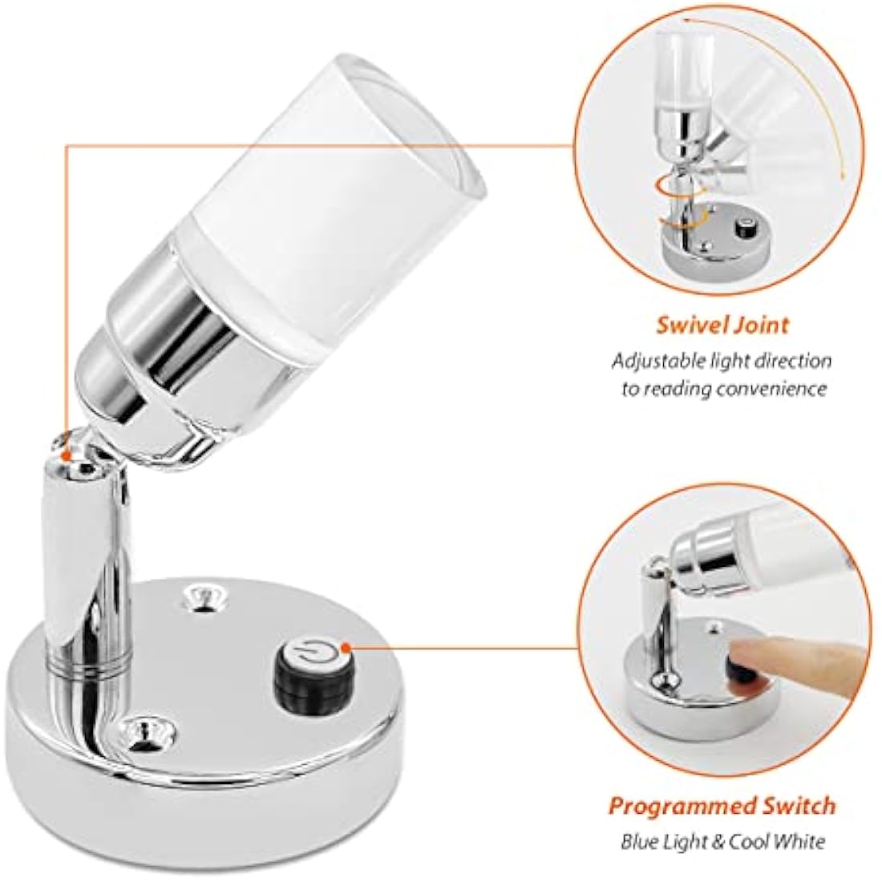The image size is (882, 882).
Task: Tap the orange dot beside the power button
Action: pyautogui.click(x=346, y=648)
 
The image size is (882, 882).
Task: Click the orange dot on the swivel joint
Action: pyautogui.click(x=67, y=456)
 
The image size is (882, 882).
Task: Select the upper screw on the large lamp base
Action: pyautogui.click(x=200, y=597)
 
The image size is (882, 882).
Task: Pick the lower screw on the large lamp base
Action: pyautogui.click(x=147, y=730)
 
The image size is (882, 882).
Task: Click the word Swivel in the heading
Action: pyautogui.click(x=688, y=326)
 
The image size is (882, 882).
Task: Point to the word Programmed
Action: pyautogui.click(x=682, y=807)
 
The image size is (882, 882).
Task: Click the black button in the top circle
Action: pyautogui.click(x=746, y=228)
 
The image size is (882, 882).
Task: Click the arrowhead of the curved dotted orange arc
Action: pyautogui.click(x=844, y=176)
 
